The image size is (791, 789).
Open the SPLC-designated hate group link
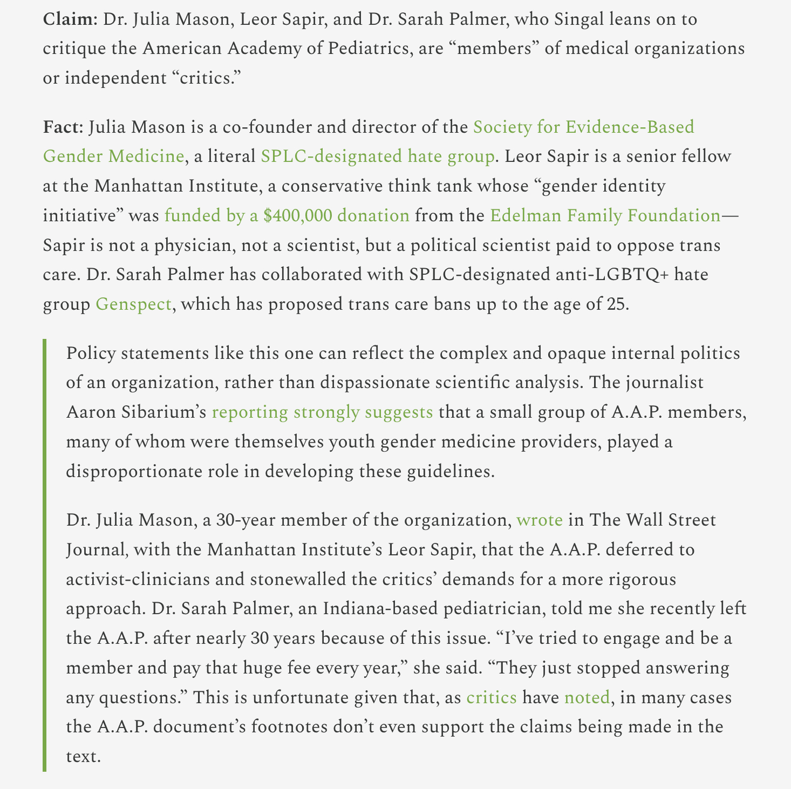[377, 157]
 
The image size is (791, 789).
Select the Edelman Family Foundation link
[604, 215]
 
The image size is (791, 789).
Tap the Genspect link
[133, 304]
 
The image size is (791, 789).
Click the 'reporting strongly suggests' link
[322, 412]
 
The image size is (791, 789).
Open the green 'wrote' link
[540, 520]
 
